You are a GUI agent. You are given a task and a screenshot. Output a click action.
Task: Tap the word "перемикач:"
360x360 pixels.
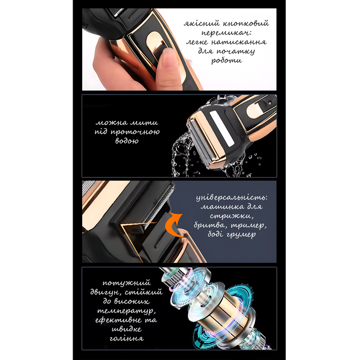(226, 33)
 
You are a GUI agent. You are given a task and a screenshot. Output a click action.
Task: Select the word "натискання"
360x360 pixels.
(238, 42)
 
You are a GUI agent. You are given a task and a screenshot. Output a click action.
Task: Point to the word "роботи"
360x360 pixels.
(227, 60)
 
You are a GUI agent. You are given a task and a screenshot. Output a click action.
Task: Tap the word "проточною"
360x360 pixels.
(135, 132)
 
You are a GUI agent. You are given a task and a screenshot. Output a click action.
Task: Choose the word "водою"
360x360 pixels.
(127, 141)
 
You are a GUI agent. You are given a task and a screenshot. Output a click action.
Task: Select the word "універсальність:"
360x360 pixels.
(232, 197)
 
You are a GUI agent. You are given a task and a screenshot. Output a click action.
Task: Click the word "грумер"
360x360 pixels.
(241, 235)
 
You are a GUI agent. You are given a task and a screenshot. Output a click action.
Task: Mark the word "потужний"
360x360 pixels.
(127, 283)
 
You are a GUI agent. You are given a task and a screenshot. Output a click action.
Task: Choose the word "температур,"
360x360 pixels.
(127, 311)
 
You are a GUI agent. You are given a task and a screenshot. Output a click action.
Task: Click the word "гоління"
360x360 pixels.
(127, 339)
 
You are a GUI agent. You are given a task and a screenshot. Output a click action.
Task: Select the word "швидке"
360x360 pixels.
(127, 329)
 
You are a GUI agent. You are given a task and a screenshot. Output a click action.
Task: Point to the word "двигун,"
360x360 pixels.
(107, 292)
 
